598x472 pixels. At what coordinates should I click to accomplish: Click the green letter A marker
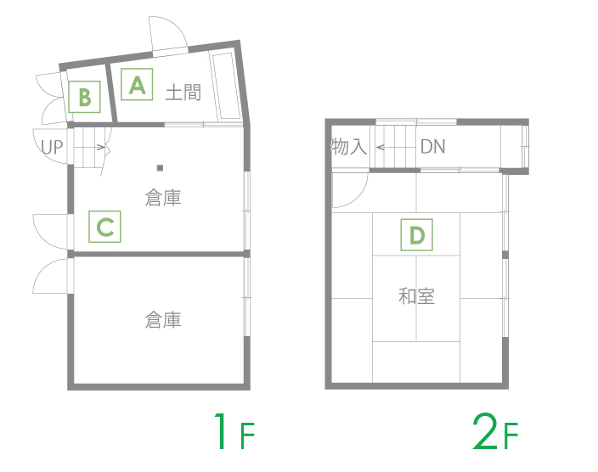click(137, 84)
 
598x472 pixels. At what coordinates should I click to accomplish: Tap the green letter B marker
click(84, 97)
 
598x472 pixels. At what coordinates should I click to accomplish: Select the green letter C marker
click(104, 227)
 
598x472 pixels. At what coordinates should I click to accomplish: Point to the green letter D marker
click(416, 235)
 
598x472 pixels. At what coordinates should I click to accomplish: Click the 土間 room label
click(183, 93)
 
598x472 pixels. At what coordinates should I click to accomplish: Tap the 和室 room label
click(416, 296)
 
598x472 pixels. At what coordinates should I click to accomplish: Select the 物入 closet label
click(349, 146)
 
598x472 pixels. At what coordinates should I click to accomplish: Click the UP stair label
click(52, 147)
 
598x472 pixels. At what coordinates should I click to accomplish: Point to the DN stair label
click(433, 146)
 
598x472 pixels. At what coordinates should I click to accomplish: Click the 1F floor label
click(234, 431)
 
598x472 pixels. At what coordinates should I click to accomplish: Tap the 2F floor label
click(495, 431)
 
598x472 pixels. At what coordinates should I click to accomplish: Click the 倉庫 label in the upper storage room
click(163, 198)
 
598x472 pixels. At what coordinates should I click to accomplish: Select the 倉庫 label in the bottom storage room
click(163, 320)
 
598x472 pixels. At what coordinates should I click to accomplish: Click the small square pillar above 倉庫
click(161, 168)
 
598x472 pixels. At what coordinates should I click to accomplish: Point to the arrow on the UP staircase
click(90, 147)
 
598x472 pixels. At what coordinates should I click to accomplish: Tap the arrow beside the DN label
click(395, 147)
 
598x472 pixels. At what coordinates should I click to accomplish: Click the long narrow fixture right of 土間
click(226, 86)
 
